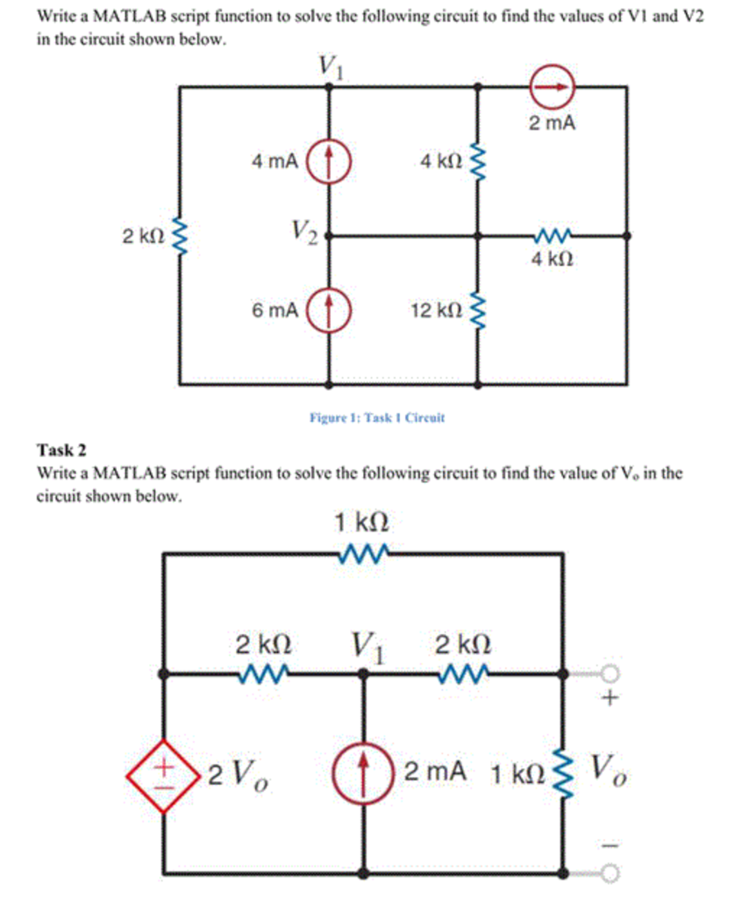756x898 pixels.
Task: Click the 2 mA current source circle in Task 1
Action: pos(552,87)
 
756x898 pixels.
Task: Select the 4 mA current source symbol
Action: pos(330,161)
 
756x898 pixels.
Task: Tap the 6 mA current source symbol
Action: pos(330,310)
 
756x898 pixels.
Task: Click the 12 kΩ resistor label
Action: pos(434,310)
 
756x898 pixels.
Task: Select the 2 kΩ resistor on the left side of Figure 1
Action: pos(181,235)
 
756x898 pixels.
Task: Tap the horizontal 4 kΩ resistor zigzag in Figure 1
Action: pos(552,235)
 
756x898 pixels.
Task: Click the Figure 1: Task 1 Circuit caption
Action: pos(377,417)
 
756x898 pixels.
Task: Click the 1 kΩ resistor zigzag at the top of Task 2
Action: pos(362,553)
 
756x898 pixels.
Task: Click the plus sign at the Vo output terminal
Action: pos(611,700)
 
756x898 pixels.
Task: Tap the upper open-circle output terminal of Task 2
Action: pos(611,673)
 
